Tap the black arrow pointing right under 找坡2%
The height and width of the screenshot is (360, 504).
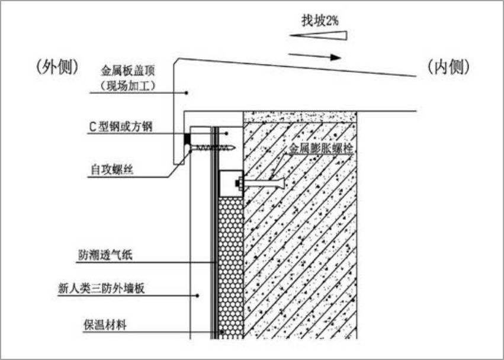[x=316, y=57]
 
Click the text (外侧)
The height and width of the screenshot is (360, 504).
[x=57, y=67]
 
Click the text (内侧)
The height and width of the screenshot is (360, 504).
[x=448, y=67]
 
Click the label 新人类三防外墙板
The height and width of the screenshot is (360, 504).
[x=101, y=288]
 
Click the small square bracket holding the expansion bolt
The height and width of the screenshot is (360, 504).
[x=230, y=182]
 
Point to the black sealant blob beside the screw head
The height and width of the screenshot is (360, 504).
[x=187, y=140]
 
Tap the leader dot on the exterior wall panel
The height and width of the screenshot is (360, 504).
[x=199, y=294]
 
